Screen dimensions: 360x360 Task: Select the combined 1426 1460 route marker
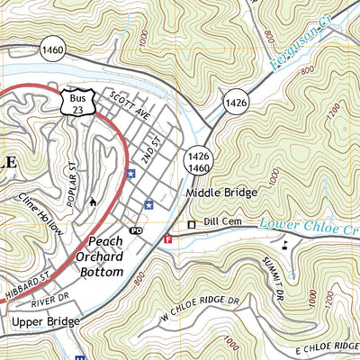pos(199,161)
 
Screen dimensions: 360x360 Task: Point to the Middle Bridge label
pos(222,193)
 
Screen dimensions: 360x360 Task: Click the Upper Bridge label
pos(46,320)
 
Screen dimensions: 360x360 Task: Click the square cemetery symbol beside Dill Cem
pos(191,225)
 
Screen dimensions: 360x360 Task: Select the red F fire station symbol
pos(168,239)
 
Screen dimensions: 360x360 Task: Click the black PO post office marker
pos(137,231)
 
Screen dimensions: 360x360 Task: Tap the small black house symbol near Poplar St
pos(93,202)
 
